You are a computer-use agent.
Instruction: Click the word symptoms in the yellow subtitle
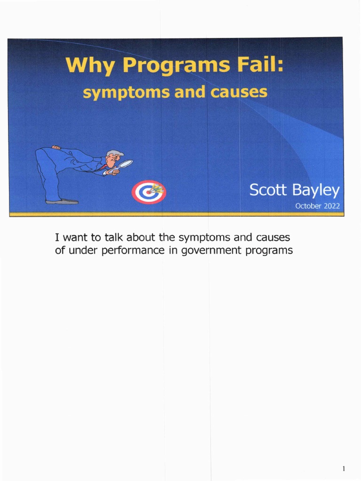coord(120,93)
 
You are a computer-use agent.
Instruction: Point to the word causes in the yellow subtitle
coord(238,92)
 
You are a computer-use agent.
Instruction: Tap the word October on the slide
coord(308,206)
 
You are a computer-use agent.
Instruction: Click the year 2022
coord(331,206)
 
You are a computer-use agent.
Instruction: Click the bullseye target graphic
coord(149,192)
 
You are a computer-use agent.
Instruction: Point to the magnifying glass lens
coord(126,164)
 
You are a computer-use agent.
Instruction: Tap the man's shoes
coord(62,201)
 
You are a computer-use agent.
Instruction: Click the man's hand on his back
coord(56,147)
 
